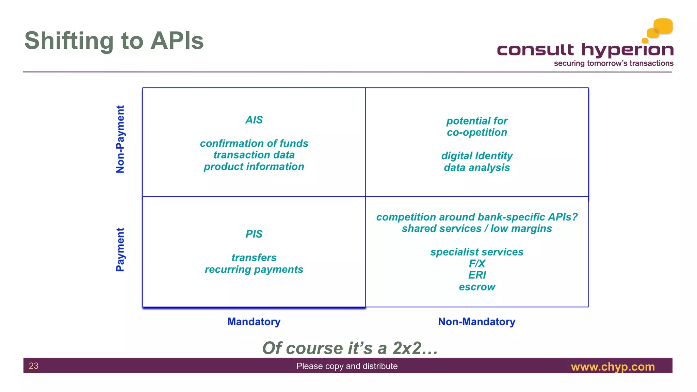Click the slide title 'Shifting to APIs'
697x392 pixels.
[x=114, y=41]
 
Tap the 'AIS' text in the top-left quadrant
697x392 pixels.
[x=254, y=120]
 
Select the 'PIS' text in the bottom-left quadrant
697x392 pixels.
[x=254, y=234]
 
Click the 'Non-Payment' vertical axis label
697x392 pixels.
[x=120, y=139]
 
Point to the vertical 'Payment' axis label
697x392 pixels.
[x=120, y=249]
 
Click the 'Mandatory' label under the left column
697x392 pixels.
[x=254, y=322]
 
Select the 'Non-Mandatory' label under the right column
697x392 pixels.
[x=476, y=322]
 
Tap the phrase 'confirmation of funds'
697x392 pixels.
[x=254, y=143]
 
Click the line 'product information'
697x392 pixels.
[x=254, y=167]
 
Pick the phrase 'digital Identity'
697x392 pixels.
[x=477, y=156]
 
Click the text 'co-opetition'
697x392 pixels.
[x=477, y=132]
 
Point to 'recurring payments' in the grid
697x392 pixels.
[x=254, y=269]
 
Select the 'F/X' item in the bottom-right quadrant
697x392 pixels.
[x=477, y=263]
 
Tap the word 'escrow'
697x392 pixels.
[x=477, y=287]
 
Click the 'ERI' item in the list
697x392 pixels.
[x=477, y=275]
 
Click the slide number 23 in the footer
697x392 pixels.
[x=34, y=366]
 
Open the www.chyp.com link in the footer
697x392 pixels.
[x=613, y=367]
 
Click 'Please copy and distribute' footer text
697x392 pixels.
[x=347, y=366]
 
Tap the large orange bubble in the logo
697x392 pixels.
[x=663, y=26]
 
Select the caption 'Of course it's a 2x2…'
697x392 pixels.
[x=350, y=348]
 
